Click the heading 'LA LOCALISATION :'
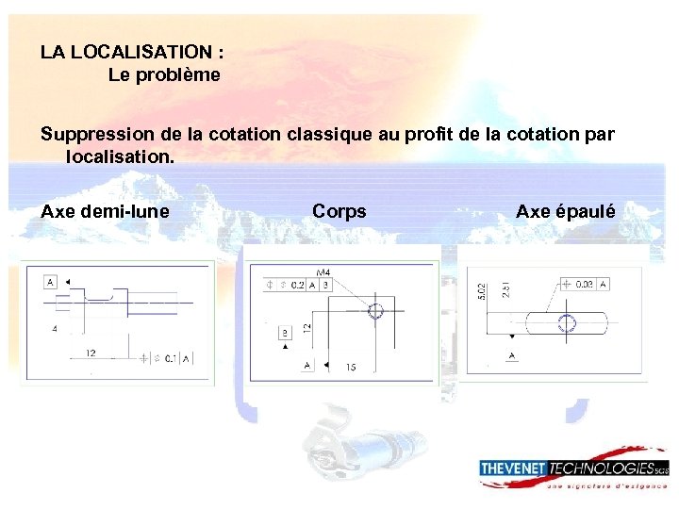tap(132, 51)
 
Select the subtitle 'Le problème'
tap(164, 74)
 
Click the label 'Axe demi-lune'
tap(106, 211)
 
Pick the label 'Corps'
tap(339, 211)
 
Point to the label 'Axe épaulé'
tap(566, 211)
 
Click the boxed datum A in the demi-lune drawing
tap(50, 282)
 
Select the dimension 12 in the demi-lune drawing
tap(90, 352)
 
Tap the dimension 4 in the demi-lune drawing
tap(54, 328)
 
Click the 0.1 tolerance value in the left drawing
tap(172, 358)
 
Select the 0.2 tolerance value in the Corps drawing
tap(297, 284)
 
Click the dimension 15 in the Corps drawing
tap(351, 366)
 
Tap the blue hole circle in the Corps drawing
tap(376, 312)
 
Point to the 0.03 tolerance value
tap(586, 283)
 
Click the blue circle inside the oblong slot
tap(567, 323)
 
